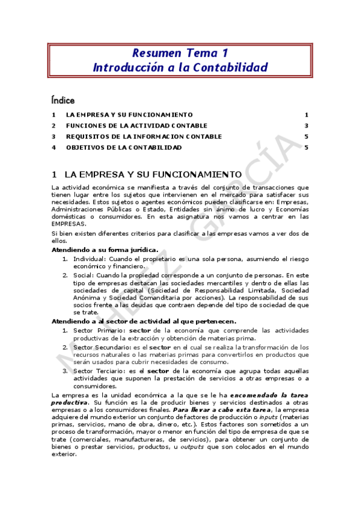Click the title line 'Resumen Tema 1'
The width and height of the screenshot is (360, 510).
(x=180, y=53)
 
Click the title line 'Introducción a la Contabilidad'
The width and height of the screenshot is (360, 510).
(x=180, y=67)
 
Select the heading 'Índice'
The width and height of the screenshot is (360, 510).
(x=63, y=99)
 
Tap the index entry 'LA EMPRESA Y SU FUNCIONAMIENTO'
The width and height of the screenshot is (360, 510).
(x=129, y=115)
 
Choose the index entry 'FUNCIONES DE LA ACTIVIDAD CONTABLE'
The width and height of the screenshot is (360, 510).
(x=136, y=126)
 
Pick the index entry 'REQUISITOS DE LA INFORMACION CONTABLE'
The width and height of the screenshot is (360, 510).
(x=144, y=137)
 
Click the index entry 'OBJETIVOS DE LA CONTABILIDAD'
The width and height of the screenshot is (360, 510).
(x=124, y=147)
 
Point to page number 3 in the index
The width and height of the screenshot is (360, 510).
(x=306, y=126)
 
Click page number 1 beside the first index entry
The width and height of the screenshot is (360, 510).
(x=306, y=115)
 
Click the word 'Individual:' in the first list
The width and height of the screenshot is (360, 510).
(x=89, y=259)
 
